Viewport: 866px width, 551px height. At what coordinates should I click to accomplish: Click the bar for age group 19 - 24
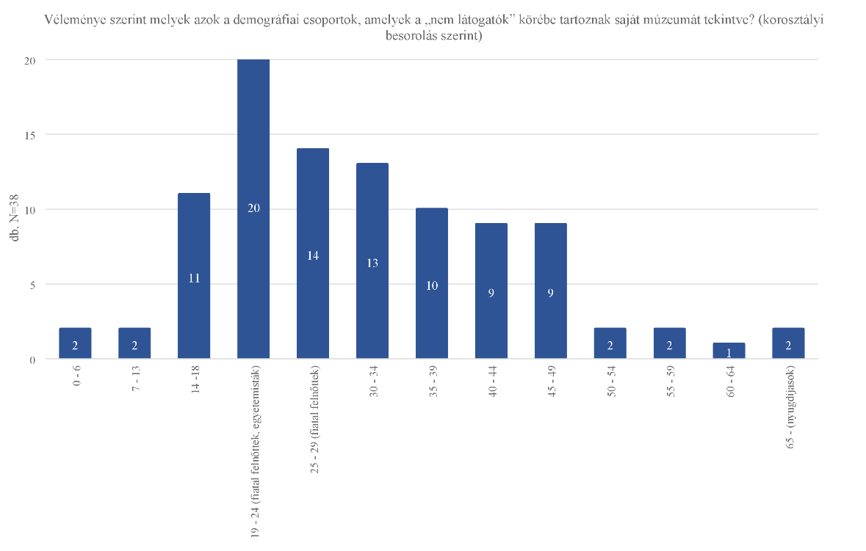pyautogui.click(x=253, y=147)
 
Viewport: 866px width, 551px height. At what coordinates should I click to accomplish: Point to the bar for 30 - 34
pyautogui.click(x=372, y=220)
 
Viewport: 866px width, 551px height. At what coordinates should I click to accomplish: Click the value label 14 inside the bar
pyautogui.click(x=313, y=256)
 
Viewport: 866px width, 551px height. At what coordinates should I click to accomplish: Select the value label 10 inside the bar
pyautogui.click(x=432, y=286)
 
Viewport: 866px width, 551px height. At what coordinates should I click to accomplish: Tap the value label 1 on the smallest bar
pyautogui.click(x=729, y=353)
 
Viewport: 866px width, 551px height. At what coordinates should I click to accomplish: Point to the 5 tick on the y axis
pyautogui.click(x=32, y=284)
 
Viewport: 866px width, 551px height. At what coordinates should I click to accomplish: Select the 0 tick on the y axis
pyautogui.click(x=32, y=360)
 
